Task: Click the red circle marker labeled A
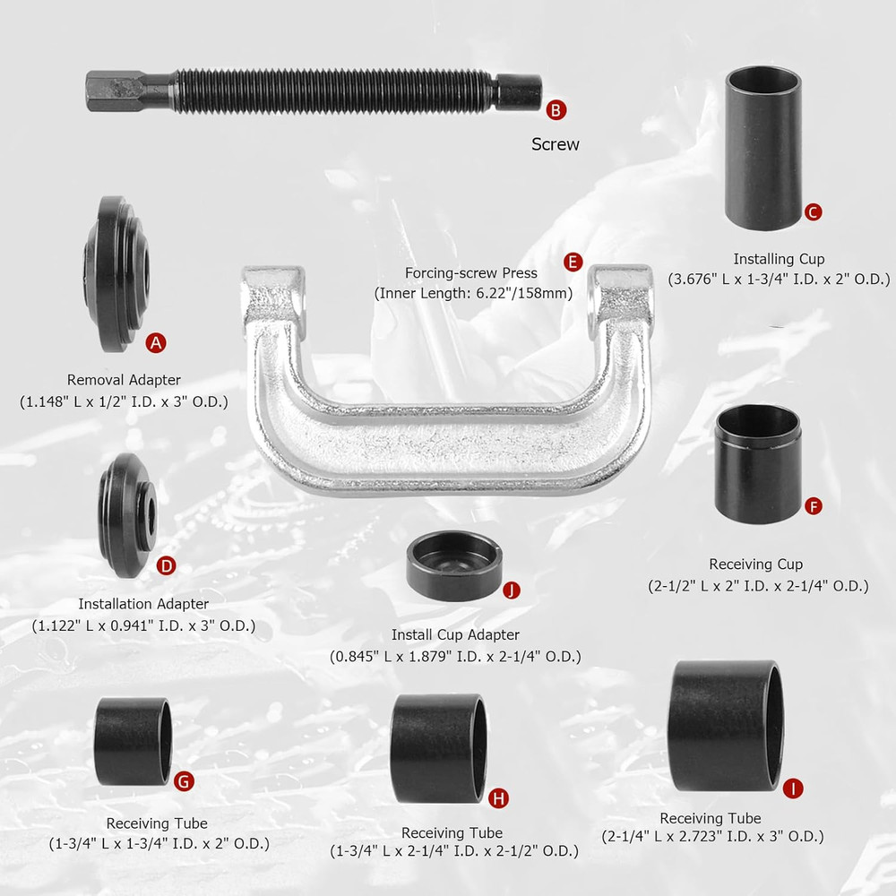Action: [156, 341]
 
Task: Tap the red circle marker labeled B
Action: [556, 110]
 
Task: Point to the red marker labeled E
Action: [573, 263]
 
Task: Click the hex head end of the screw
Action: [110, 90]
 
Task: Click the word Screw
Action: [556, 143]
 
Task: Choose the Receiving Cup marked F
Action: [758, 463]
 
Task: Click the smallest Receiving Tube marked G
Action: [133, 742]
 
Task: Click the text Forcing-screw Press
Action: [471, 273]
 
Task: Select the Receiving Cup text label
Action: [756, 564]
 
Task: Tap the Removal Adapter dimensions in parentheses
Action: [124, 401]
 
